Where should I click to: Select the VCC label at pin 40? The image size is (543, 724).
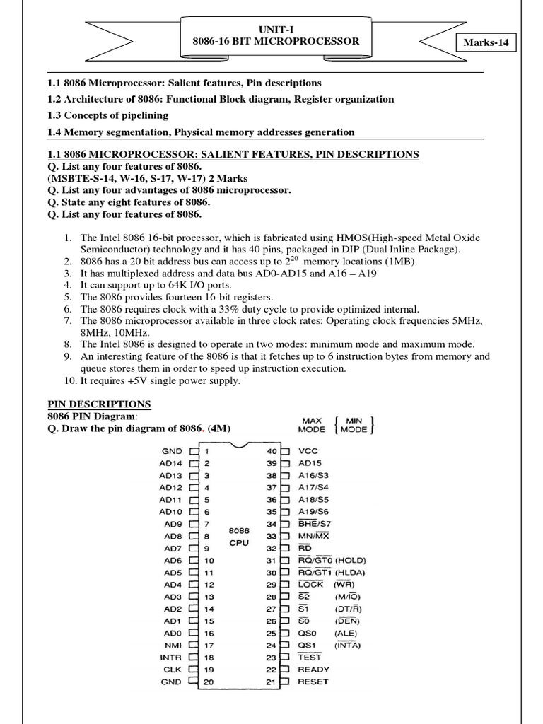(x=309, y=450)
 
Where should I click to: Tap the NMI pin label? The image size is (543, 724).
(x=173, y=645)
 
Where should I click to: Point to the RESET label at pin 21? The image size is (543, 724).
(x=314, y=682)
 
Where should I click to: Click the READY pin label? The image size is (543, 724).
(x=314, y=670)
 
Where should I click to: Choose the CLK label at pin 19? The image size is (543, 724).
(x=173, y=670)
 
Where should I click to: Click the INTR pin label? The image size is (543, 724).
(x=171, y=658)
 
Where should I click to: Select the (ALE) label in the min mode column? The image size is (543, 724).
(x=346, y=633)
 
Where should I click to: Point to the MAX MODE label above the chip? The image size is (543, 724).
(x=312, y=424)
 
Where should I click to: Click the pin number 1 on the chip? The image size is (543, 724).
(x=206, y=450)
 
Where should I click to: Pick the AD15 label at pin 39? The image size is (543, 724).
(x=311, y=462)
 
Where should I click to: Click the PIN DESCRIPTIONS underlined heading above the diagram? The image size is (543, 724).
(x=99, y=404)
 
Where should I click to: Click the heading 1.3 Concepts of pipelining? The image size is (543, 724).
(x=107, y=115)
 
